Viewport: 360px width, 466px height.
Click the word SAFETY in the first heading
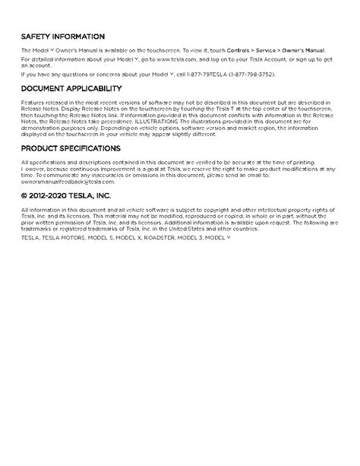[36, 36]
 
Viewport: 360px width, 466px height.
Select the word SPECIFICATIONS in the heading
[93, 148]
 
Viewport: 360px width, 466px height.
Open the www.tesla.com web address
[156, 58]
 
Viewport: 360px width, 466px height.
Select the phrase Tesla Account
[266, 58]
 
